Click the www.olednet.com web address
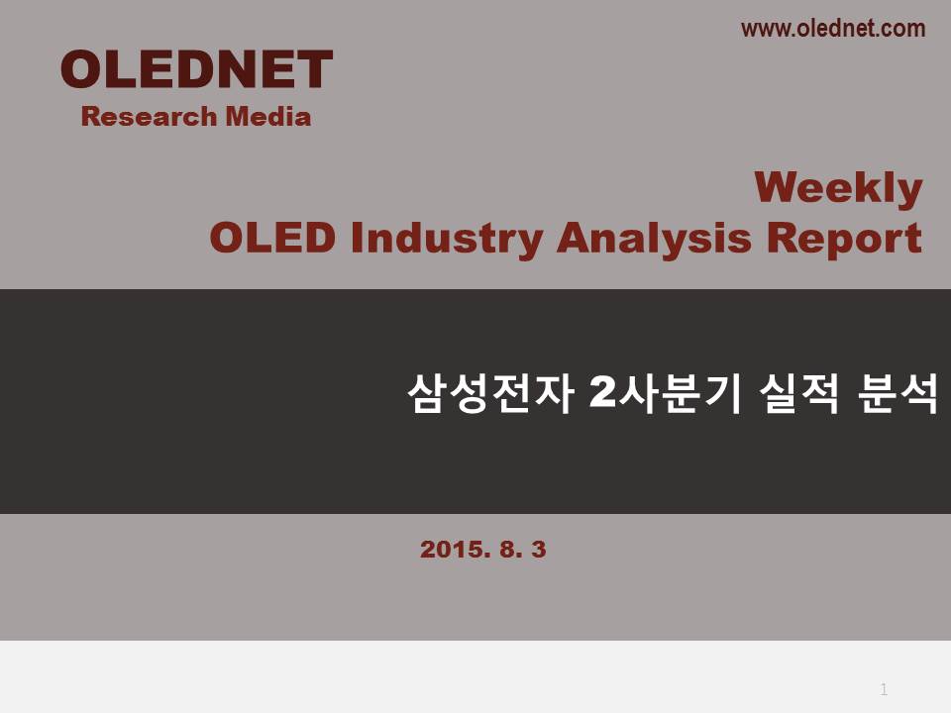[x=833, y=29]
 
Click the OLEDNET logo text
[x=196, y=69]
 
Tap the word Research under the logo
[x=149, y=117]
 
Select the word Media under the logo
[x=268, y=117]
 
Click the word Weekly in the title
[x=838, y=188]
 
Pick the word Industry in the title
[x=447, y=239]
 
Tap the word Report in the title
[x=844, y=239]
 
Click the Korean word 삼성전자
[x=490, y=393]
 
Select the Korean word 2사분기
[x=666, y=393]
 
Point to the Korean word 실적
[x=798, y=393]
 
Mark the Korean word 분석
[x=898, y=393]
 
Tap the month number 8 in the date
[x=508, y=550]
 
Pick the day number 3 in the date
[x=539, y=550]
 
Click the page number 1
[x=884, y=689]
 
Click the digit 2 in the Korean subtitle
[x=602, y=392]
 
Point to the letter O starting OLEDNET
[x=81, y=69]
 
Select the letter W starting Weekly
[x=779, y=187]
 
